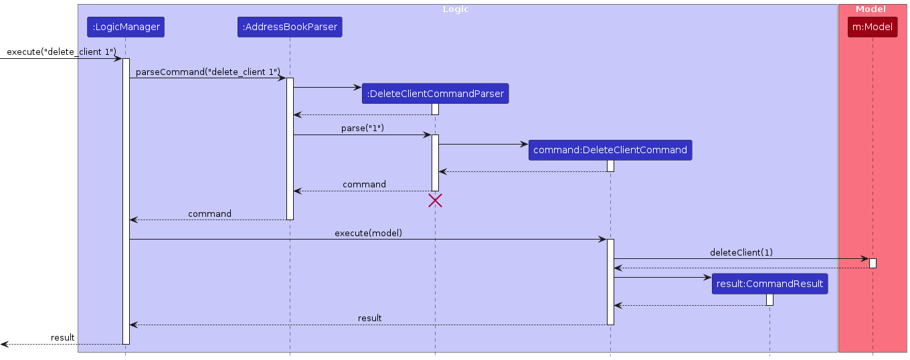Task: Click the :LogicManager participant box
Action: click(125, 27)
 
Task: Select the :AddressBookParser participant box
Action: click(290, 27)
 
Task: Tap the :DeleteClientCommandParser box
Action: click(435, 94)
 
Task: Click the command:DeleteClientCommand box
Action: click(610, 150)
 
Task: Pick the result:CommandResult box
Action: click(769, 284)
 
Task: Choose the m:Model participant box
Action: click(873, 27)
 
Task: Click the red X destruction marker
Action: click(435, 200)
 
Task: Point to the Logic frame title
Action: click(456, 9)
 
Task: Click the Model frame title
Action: click(871, 9)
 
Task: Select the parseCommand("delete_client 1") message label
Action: click(207, 72)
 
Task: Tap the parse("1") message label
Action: click(363, 128)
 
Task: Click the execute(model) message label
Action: click(368, 233)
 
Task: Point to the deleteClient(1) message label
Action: click(741, 252)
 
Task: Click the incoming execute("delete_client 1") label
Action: click(62, 52)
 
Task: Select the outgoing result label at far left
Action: click(62, 337)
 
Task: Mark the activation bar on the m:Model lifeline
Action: click(873, 263)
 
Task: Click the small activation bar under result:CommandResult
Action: click(769, 300)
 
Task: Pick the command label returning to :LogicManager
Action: click(209, 213)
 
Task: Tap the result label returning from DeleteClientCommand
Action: click(369, 318)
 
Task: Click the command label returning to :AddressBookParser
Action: click(364, 184)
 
